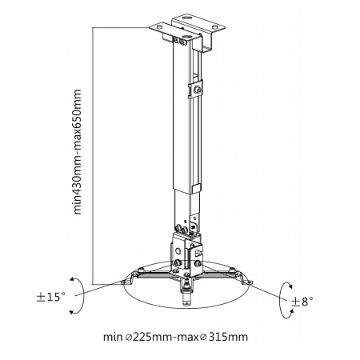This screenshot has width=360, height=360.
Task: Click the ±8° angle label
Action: (301, 301)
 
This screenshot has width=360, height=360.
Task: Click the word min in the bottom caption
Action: (113, 337)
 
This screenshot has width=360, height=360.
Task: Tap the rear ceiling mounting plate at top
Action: (193, 18)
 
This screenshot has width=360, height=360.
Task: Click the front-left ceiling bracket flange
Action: (164, 31)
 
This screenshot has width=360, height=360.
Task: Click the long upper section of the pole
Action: (180, 120)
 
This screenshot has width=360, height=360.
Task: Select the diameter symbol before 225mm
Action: (128, 337)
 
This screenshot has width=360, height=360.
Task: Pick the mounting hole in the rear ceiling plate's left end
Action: (178, 17)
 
